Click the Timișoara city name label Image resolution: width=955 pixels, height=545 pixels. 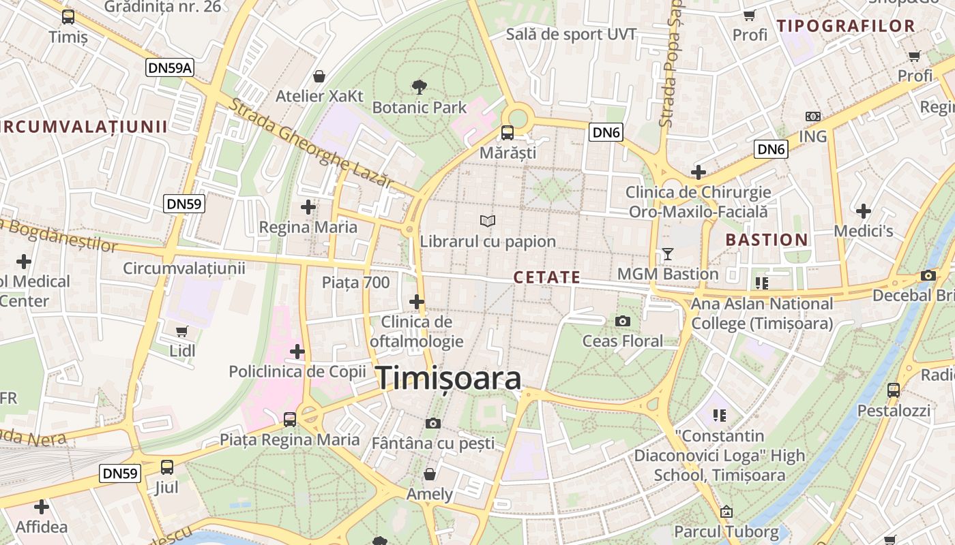pos(449,378)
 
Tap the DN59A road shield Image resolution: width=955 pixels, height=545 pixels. pos(170,67)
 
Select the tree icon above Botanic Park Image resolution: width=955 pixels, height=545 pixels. pos(420,87)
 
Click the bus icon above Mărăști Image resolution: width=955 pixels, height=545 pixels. pos(508,132)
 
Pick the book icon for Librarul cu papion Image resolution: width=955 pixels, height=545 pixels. pos(487,221)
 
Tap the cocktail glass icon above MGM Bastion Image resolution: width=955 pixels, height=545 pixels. pos(667,254)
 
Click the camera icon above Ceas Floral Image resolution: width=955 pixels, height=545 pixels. pos(622,321)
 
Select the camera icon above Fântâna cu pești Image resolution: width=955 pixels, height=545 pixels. pos(432,423)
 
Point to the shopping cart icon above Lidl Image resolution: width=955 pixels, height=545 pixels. pos(182,332)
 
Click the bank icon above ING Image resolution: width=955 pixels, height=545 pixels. pos(812,116)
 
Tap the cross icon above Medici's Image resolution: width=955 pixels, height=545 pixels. pos(864,211)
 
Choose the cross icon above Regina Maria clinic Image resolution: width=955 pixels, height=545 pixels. pos(308,206)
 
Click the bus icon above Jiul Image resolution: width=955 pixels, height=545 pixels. pos(166,467)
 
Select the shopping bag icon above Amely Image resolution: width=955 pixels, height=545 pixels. pos(430,473)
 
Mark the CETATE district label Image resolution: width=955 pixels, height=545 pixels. pos(546,277)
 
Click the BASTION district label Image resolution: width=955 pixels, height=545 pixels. pos(767,240)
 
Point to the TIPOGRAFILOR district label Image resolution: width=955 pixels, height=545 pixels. pos(846,27)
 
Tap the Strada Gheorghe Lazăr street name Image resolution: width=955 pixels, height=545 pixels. pos(310,144)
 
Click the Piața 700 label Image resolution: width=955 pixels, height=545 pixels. pos(355,282)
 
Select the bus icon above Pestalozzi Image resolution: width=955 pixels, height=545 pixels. pos(893,390)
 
